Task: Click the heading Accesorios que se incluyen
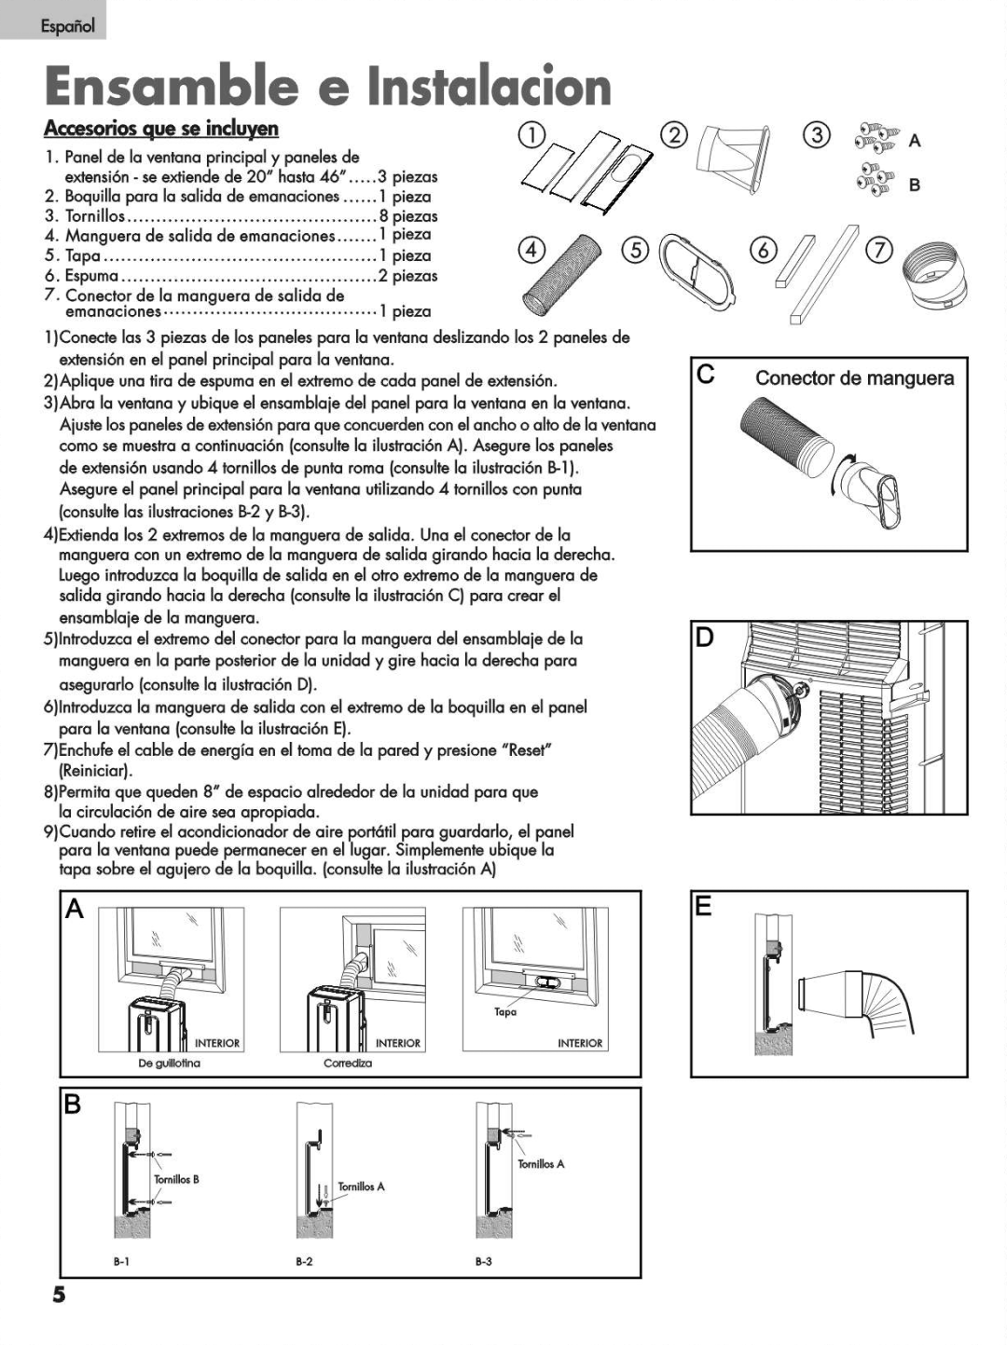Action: tap(161, 129)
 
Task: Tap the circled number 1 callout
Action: tap(532, 133)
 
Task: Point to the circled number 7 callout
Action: tap(879, 250)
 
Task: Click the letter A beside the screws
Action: tap(915, 142)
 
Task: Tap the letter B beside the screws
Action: tap(915, 185)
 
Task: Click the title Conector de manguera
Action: tap(854, 378)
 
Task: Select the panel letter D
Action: tap(705, 638)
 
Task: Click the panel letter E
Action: tap(704, 906)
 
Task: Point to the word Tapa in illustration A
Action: tap(505, 1012)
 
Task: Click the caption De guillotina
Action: tap(170, 1064)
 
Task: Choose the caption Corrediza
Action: tap(348, 1064)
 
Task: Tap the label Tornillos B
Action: tap(176, 1179)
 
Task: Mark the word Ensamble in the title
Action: tap(172, 87)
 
